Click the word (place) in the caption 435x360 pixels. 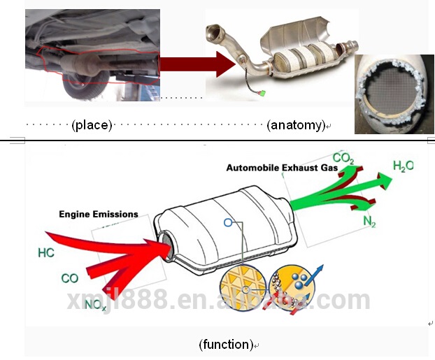92,125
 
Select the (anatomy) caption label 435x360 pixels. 296,125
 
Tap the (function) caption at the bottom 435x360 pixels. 225,344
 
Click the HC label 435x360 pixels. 46,252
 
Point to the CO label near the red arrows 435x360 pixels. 69,278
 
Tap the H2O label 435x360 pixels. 403,166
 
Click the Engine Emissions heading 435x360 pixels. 98,214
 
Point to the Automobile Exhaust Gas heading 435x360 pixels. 282,168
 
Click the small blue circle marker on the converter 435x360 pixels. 227,223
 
